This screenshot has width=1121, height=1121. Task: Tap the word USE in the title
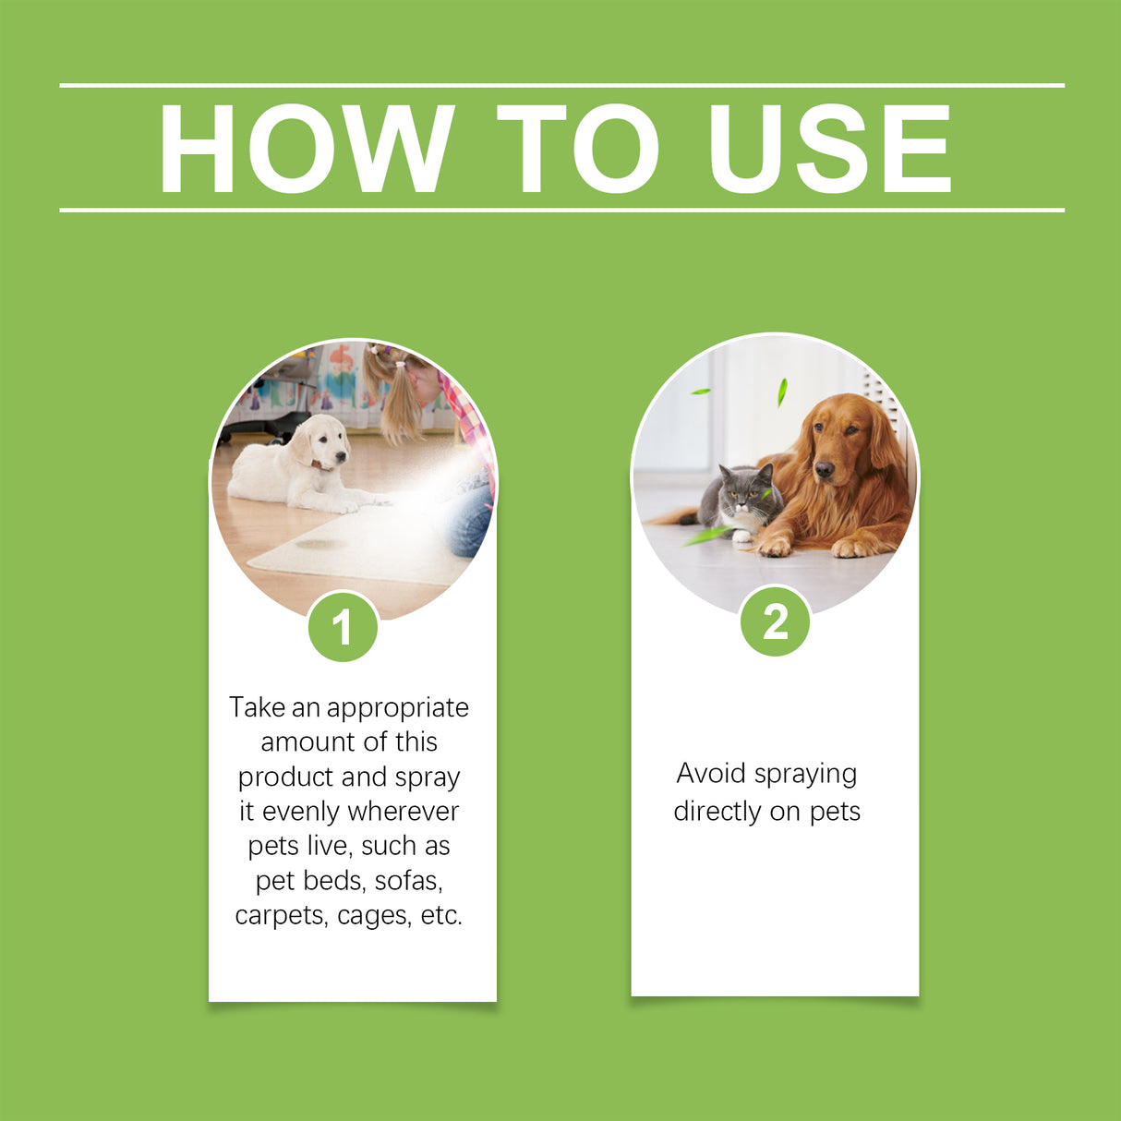pyautogui.click(x=829, y=149)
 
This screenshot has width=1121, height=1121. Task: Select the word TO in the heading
pyautogui.click(x=578, y=149)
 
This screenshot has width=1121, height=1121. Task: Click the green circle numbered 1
pyautogui.click(x=343, y=628)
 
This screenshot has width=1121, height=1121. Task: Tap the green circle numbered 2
pyautogui.click(x=776, y=622)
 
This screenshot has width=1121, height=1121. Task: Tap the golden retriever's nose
pyautogui.click(x=823, y=472)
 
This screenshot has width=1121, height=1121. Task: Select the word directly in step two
pyautogui.click(x=717, y=812)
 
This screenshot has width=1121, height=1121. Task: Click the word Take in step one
pyautogui.click(x=258, y=707)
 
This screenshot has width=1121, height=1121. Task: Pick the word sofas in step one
pyautogui.click(x=408, y=881)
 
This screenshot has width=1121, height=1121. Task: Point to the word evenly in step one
pyautogui.click(x=301, y=812)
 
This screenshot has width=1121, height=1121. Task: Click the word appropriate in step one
pyautogui.click(x=397, y=708)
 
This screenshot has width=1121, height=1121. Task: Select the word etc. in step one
pyautogui.click(x=441, y=915)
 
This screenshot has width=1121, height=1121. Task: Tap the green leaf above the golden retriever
pyautogui.click(x=782, y=391)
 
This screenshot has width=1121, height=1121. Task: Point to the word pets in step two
pyautogui.click(x=835, y=812)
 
